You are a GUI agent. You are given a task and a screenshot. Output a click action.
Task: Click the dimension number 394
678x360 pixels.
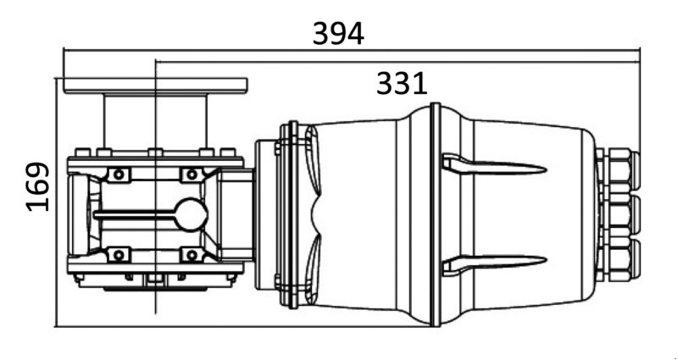pos(338,34)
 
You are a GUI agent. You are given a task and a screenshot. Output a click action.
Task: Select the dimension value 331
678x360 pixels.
pos(402,84)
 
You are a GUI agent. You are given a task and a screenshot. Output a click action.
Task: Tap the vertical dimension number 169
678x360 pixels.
pos(38,186)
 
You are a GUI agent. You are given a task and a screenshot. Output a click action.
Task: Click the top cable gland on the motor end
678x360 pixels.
pos(618,169)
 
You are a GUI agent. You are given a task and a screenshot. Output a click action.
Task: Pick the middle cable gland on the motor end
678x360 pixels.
pos(618,215)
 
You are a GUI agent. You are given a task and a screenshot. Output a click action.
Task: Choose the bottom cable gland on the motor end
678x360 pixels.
pos(618,260)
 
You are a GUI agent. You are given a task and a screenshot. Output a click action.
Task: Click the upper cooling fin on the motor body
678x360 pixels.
pos(494,165)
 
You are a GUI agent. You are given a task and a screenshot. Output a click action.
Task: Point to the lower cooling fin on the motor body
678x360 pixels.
pos(494,263)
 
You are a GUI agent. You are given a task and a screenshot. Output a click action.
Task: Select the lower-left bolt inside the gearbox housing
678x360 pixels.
pos(119,255)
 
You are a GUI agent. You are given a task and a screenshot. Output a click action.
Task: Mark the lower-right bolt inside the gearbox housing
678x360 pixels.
pos(192,255)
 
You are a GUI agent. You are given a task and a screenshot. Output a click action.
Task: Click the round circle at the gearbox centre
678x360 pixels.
pos(192,215)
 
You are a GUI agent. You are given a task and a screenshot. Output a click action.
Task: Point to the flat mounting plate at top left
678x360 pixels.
pos(155,86)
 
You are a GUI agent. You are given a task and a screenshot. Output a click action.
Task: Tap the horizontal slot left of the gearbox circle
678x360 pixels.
pos(135,215)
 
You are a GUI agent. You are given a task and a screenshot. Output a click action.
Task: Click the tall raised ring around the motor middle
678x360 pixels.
pos(436,214)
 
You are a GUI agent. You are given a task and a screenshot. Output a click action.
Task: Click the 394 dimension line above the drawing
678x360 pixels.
pos(352,50)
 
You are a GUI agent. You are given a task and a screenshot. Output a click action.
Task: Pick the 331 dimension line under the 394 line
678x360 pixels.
pos(397,62)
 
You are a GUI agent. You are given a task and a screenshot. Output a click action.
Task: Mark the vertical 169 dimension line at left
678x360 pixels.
pos(56,202)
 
